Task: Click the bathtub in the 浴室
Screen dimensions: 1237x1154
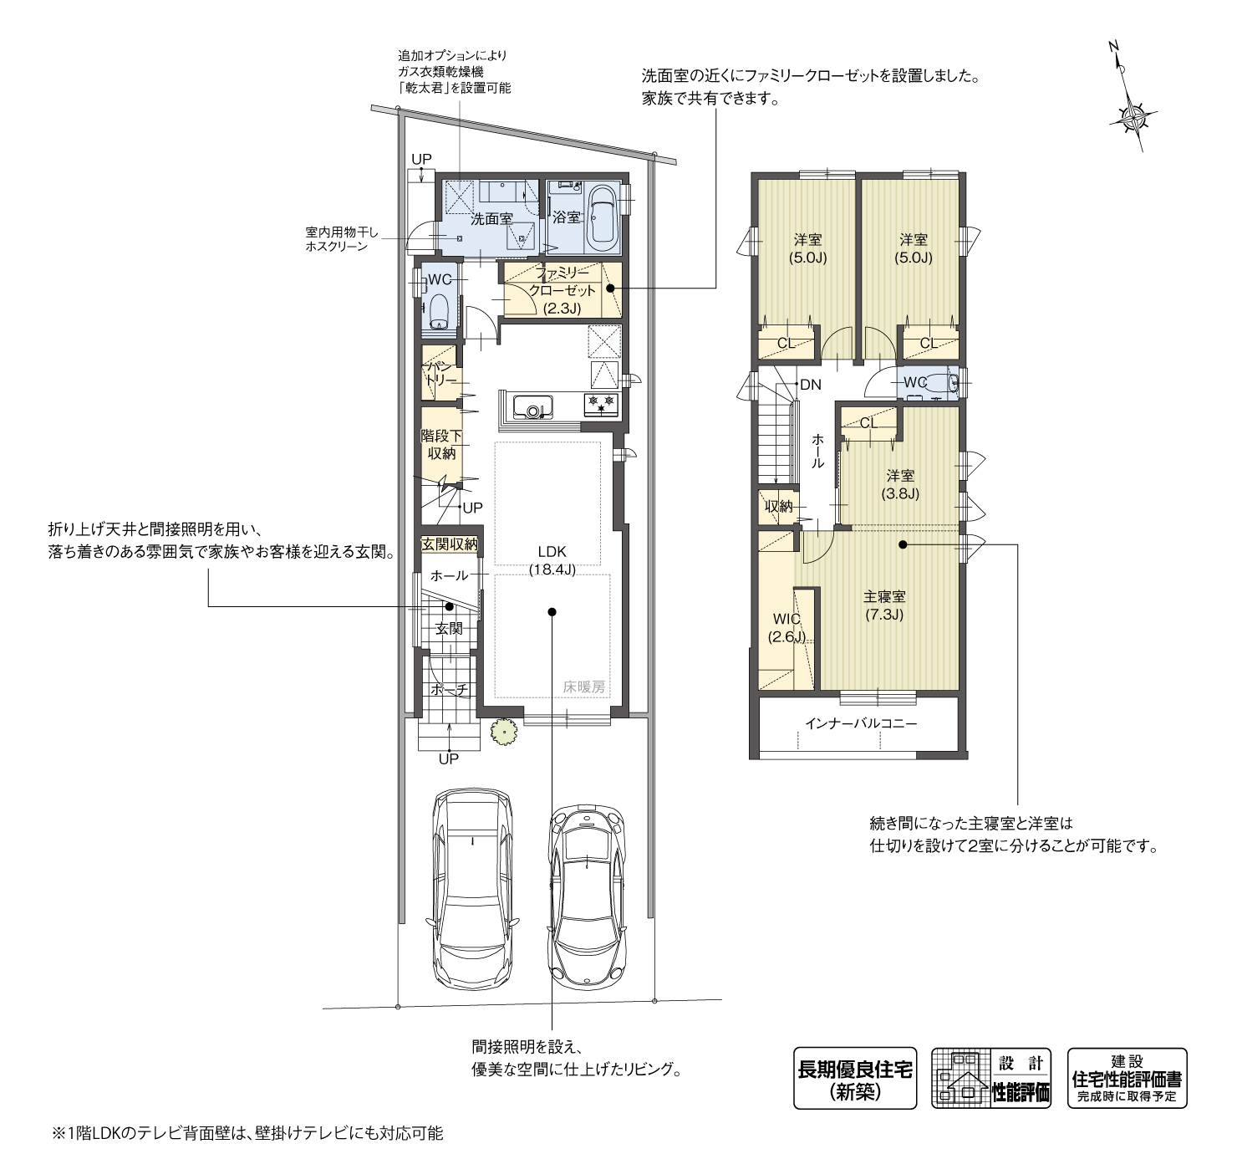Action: pos(603,218)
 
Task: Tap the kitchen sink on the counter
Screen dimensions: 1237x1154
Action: pos(532,407)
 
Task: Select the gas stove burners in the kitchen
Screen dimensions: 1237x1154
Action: pos(601,404)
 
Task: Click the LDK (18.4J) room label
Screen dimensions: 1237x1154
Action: pos(552,560)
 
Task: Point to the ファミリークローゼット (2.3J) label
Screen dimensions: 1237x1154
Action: pos(562,290)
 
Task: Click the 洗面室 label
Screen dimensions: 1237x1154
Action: pos(491,219)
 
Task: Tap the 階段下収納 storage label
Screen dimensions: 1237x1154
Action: pos(441,445)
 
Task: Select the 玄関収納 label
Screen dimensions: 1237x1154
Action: pos(450,544)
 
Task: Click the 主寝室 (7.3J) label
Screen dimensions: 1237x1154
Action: pos(883,605)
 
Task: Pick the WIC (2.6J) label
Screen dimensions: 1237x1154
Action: pos(786,628)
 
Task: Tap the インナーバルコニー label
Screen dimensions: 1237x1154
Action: pos(861,724)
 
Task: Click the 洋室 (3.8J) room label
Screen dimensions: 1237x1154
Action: pos(900,485)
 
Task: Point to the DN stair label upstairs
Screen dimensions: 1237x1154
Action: pos(811,385)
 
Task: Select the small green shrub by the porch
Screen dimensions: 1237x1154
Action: pos(504,732)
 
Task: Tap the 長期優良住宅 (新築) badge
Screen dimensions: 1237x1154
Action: pos(854,1078)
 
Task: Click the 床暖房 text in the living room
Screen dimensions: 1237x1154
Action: pos(583,687)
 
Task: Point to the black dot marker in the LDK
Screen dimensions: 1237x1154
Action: pos(552,611)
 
